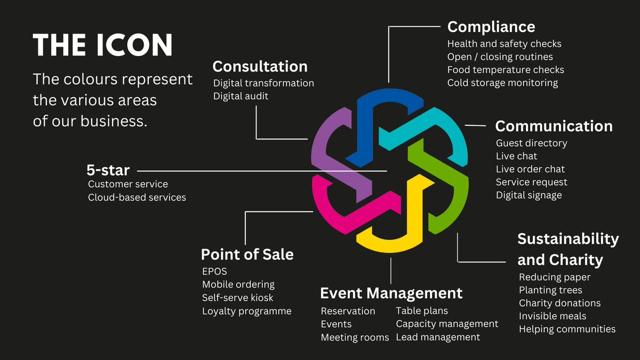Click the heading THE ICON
(103, 45)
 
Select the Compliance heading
(491, 27)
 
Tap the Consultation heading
(260, 66)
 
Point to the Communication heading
(554, 126)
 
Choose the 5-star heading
(108, 170)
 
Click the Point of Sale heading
(247, 254)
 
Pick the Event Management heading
(391, 293)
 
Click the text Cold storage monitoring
(502, 83)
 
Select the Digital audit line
(241, 96)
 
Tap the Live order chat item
(530, 169)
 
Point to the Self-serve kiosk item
(237, 298)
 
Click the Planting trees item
(550, 290)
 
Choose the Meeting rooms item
(355, 337)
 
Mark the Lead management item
(438, 337)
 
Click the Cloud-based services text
(137, 197)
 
